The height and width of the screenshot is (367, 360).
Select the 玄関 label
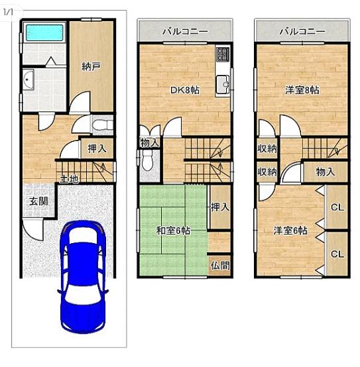pyautogui.click(x=38, y=200)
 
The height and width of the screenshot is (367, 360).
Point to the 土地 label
pyautogui.click(x=69, y=179)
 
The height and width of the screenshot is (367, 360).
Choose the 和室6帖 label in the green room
pyautogui.click(x=173, y=231)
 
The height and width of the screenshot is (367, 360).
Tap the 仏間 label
pyautogui.click(x=220, y=265)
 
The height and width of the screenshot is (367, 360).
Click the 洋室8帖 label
pyautogui.click(x=302, y=90)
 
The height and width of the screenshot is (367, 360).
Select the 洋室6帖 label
pyautogui.click(x=290, y=231)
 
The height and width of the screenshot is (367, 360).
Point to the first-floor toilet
pyautogui.click(x=99, y=125)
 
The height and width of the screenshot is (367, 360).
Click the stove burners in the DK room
pyautogui.click(x=222, y=54)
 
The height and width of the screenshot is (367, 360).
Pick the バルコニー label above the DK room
pyautogui.click(x=185, y=31)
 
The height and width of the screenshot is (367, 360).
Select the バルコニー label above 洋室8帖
pyautogui.click(x=302, y=31)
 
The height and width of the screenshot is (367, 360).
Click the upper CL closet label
pyautogui.click(x=337, y=207)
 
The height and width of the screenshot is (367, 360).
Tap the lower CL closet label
pyautogui.click(x=337, y=254)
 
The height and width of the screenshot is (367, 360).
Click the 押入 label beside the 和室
pyautogui.click(x=219, y=207)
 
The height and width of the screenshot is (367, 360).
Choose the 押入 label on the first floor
pyautogui.click(x=97, y=150)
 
